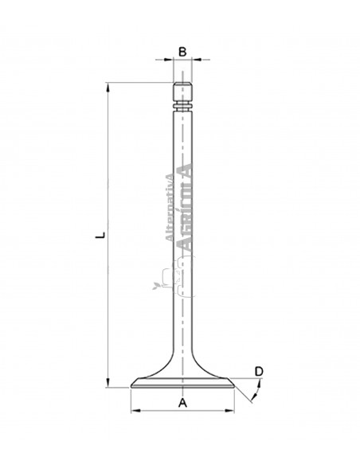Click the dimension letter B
(x=182, y=52)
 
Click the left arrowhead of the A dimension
(x=134, y=412)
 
